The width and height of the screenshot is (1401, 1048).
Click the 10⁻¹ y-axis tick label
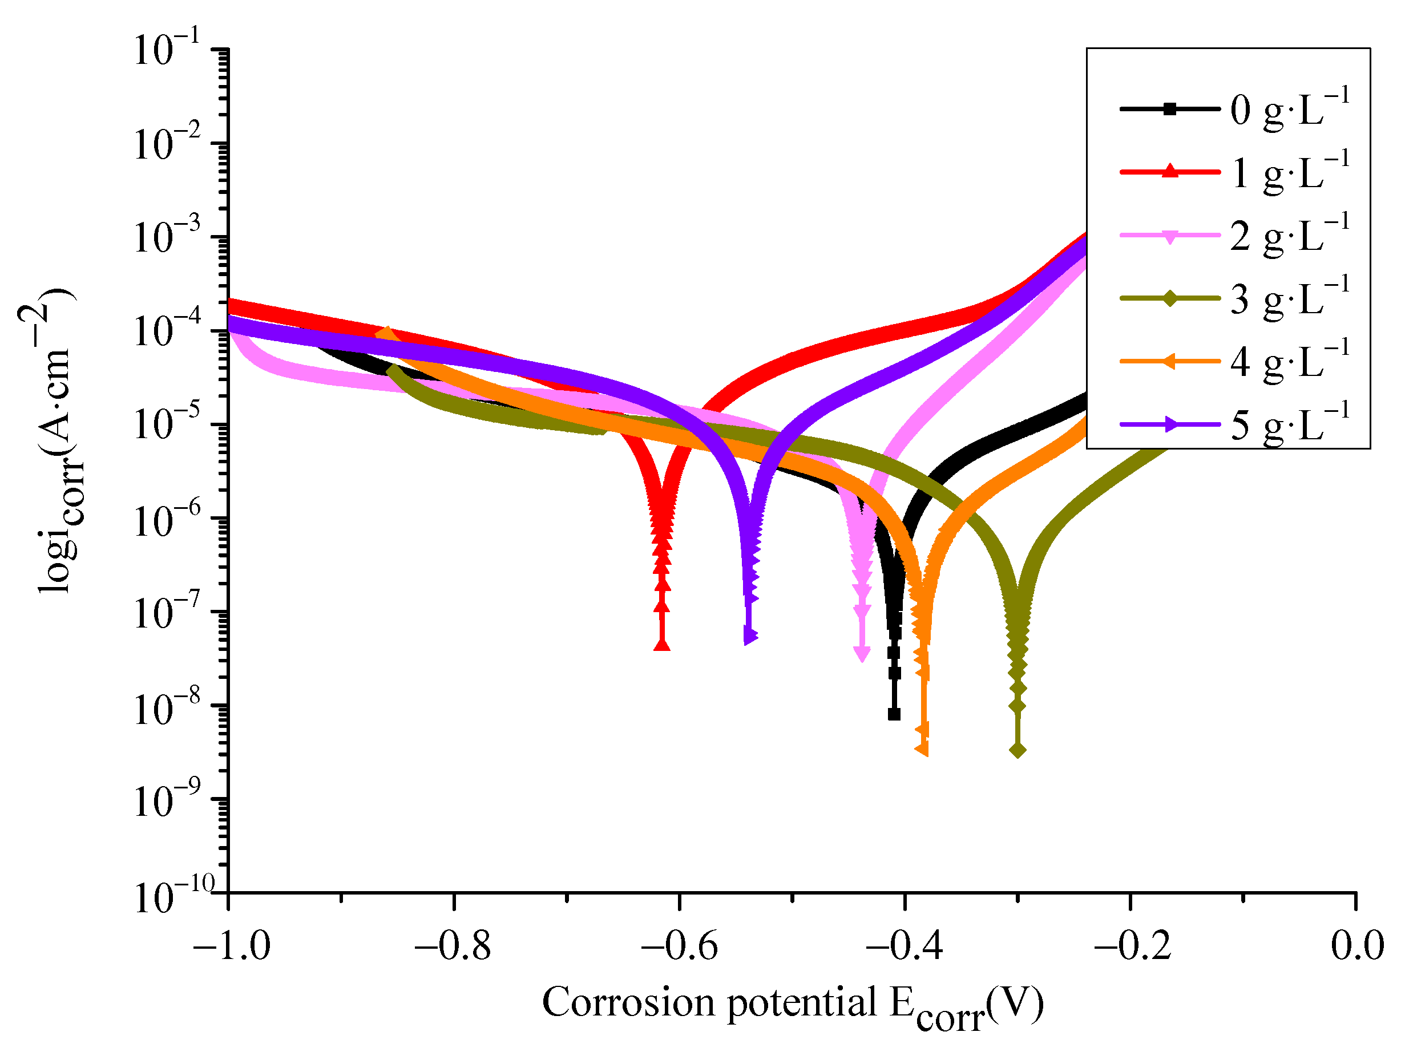[167, 48]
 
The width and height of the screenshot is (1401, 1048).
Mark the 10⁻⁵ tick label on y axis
[167, 422]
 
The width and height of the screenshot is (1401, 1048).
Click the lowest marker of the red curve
[662, 645]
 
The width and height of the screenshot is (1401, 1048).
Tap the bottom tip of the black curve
[894, 714]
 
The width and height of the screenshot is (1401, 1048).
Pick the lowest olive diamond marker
[1018, 750]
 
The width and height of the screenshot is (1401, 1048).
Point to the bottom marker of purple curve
[750, 637]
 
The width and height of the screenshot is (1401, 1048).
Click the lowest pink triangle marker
[861, 653]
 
